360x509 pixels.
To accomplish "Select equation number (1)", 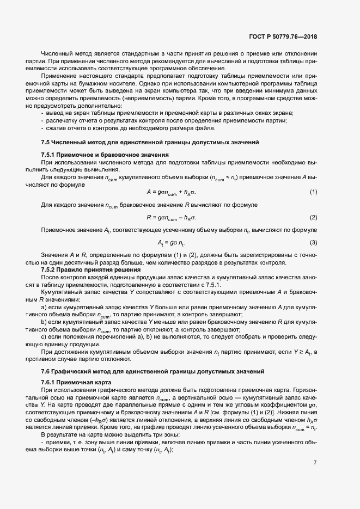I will tap(313, 192).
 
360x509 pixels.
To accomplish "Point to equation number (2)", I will tap(313, 217).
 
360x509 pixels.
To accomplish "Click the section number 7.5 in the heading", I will tap(46, 142).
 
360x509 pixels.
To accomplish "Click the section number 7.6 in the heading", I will tap(46, 371).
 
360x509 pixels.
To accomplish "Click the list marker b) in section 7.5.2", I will tap(44, 322).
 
